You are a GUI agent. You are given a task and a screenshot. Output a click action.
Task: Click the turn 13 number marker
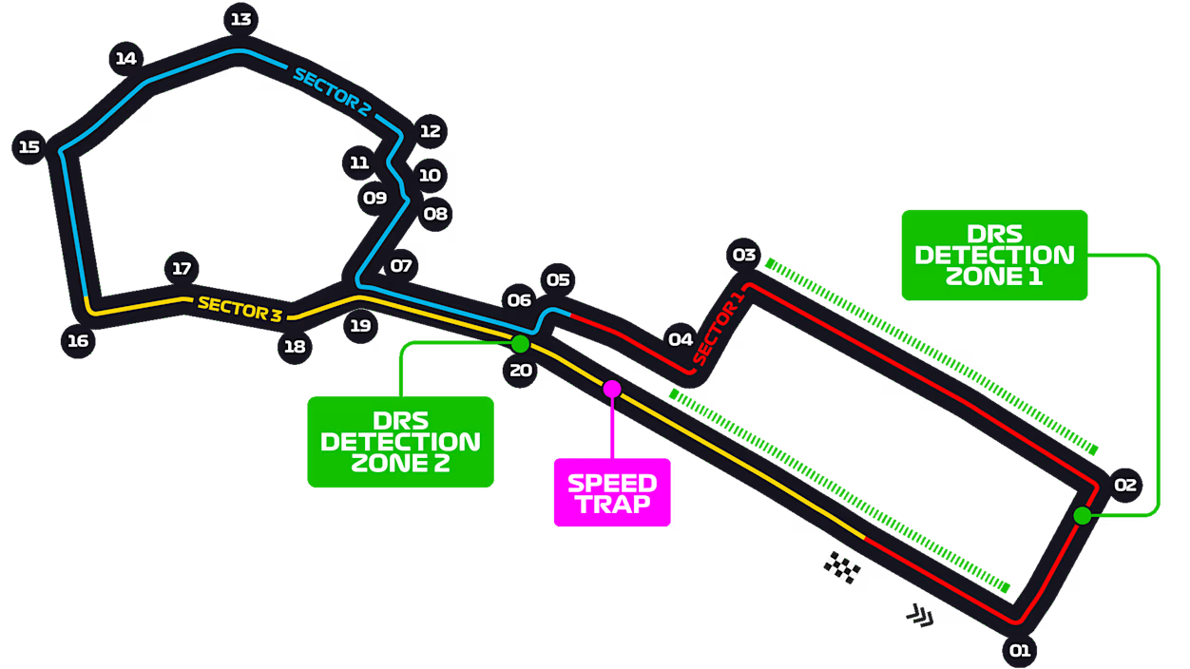240,19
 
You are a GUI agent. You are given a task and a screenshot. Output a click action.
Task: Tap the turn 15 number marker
29,147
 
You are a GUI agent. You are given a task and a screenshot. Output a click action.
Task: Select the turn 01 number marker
1019,651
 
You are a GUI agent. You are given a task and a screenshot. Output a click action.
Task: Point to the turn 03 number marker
744,255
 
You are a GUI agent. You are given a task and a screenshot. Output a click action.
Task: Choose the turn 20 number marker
521,371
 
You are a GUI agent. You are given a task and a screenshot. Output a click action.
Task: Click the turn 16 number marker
78,341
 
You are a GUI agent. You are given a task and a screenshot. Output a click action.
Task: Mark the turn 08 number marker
435,214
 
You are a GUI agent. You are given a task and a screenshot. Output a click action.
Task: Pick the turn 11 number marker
358,162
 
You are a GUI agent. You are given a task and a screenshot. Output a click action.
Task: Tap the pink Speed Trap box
612,492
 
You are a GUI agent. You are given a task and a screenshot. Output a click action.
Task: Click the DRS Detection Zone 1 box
994,255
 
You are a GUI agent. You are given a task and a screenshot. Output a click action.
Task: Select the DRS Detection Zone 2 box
400,442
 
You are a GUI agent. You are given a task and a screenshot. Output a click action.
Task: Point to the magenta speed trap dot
612,389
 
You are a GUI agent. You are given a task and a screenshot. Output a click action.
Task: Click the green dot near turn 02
1082,516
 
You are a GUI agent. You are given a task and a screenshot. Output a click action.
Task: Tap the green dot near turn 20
520,343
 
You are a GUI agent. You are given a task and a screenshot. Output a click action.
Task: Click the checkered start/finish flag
841,567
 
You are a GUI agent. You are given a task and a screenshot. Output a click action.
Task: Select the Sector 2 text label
332,92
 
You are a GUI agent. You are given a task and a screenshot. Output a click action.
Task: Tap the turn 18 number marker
295,347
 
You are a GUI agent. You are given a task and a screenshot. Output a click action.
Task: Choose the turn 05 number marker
558,279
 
